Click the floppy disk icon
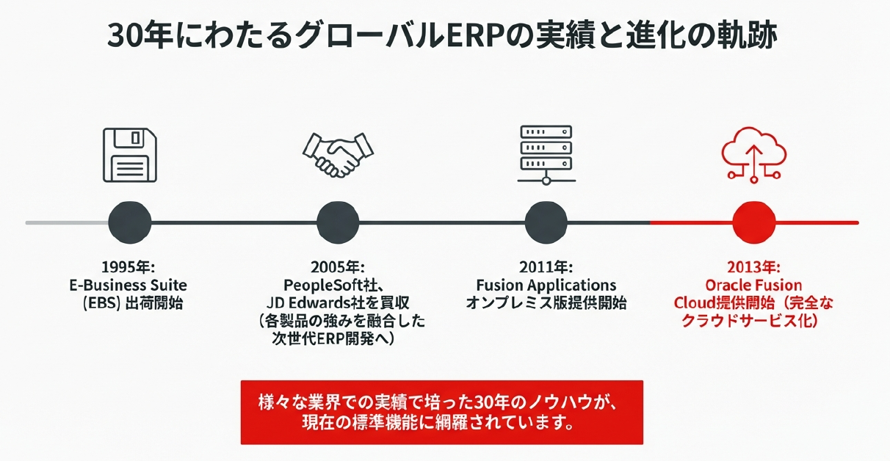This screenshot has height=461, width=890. coord(130,155)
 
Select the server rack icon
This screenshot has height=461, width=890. coord(545,155)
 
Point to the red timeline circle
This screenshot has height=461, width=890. coord(755,222)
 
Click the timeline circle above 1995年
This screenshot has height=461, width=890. coord(130,222)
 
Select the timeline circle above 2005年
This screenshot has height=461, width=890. coord(339,222)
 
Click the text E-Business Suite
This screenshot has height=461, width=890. coord(129,285)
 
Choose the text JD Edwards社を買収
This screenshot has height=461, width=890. coord(339,302)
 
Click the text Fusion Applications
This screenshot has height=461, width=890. coord(546,285)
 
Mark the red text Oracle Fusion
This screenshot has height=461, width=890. coord(753,285)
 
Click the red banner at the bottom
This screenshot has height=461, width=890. coord(441,412)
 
